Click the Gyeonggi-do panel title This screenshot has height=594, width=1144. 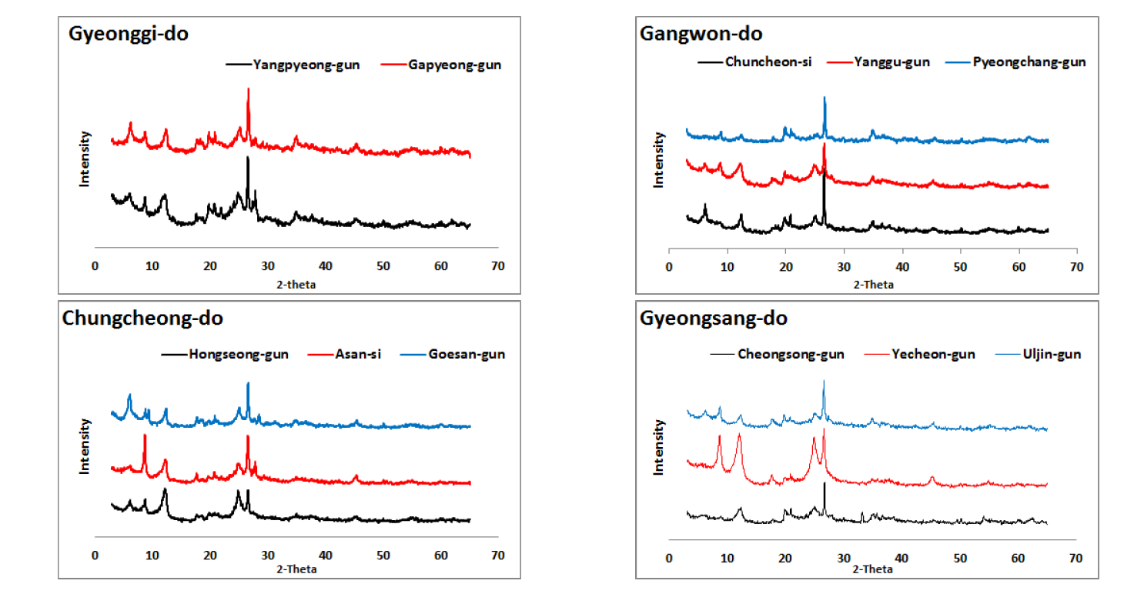[128, 34]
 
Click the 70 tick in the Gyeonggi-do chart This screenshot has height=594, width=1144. [498, 266]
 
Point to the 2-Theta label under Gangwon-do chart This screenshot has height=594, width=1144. [873, 285]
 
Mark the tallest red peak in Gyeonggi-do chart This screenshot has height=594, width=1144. [248, 89]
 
